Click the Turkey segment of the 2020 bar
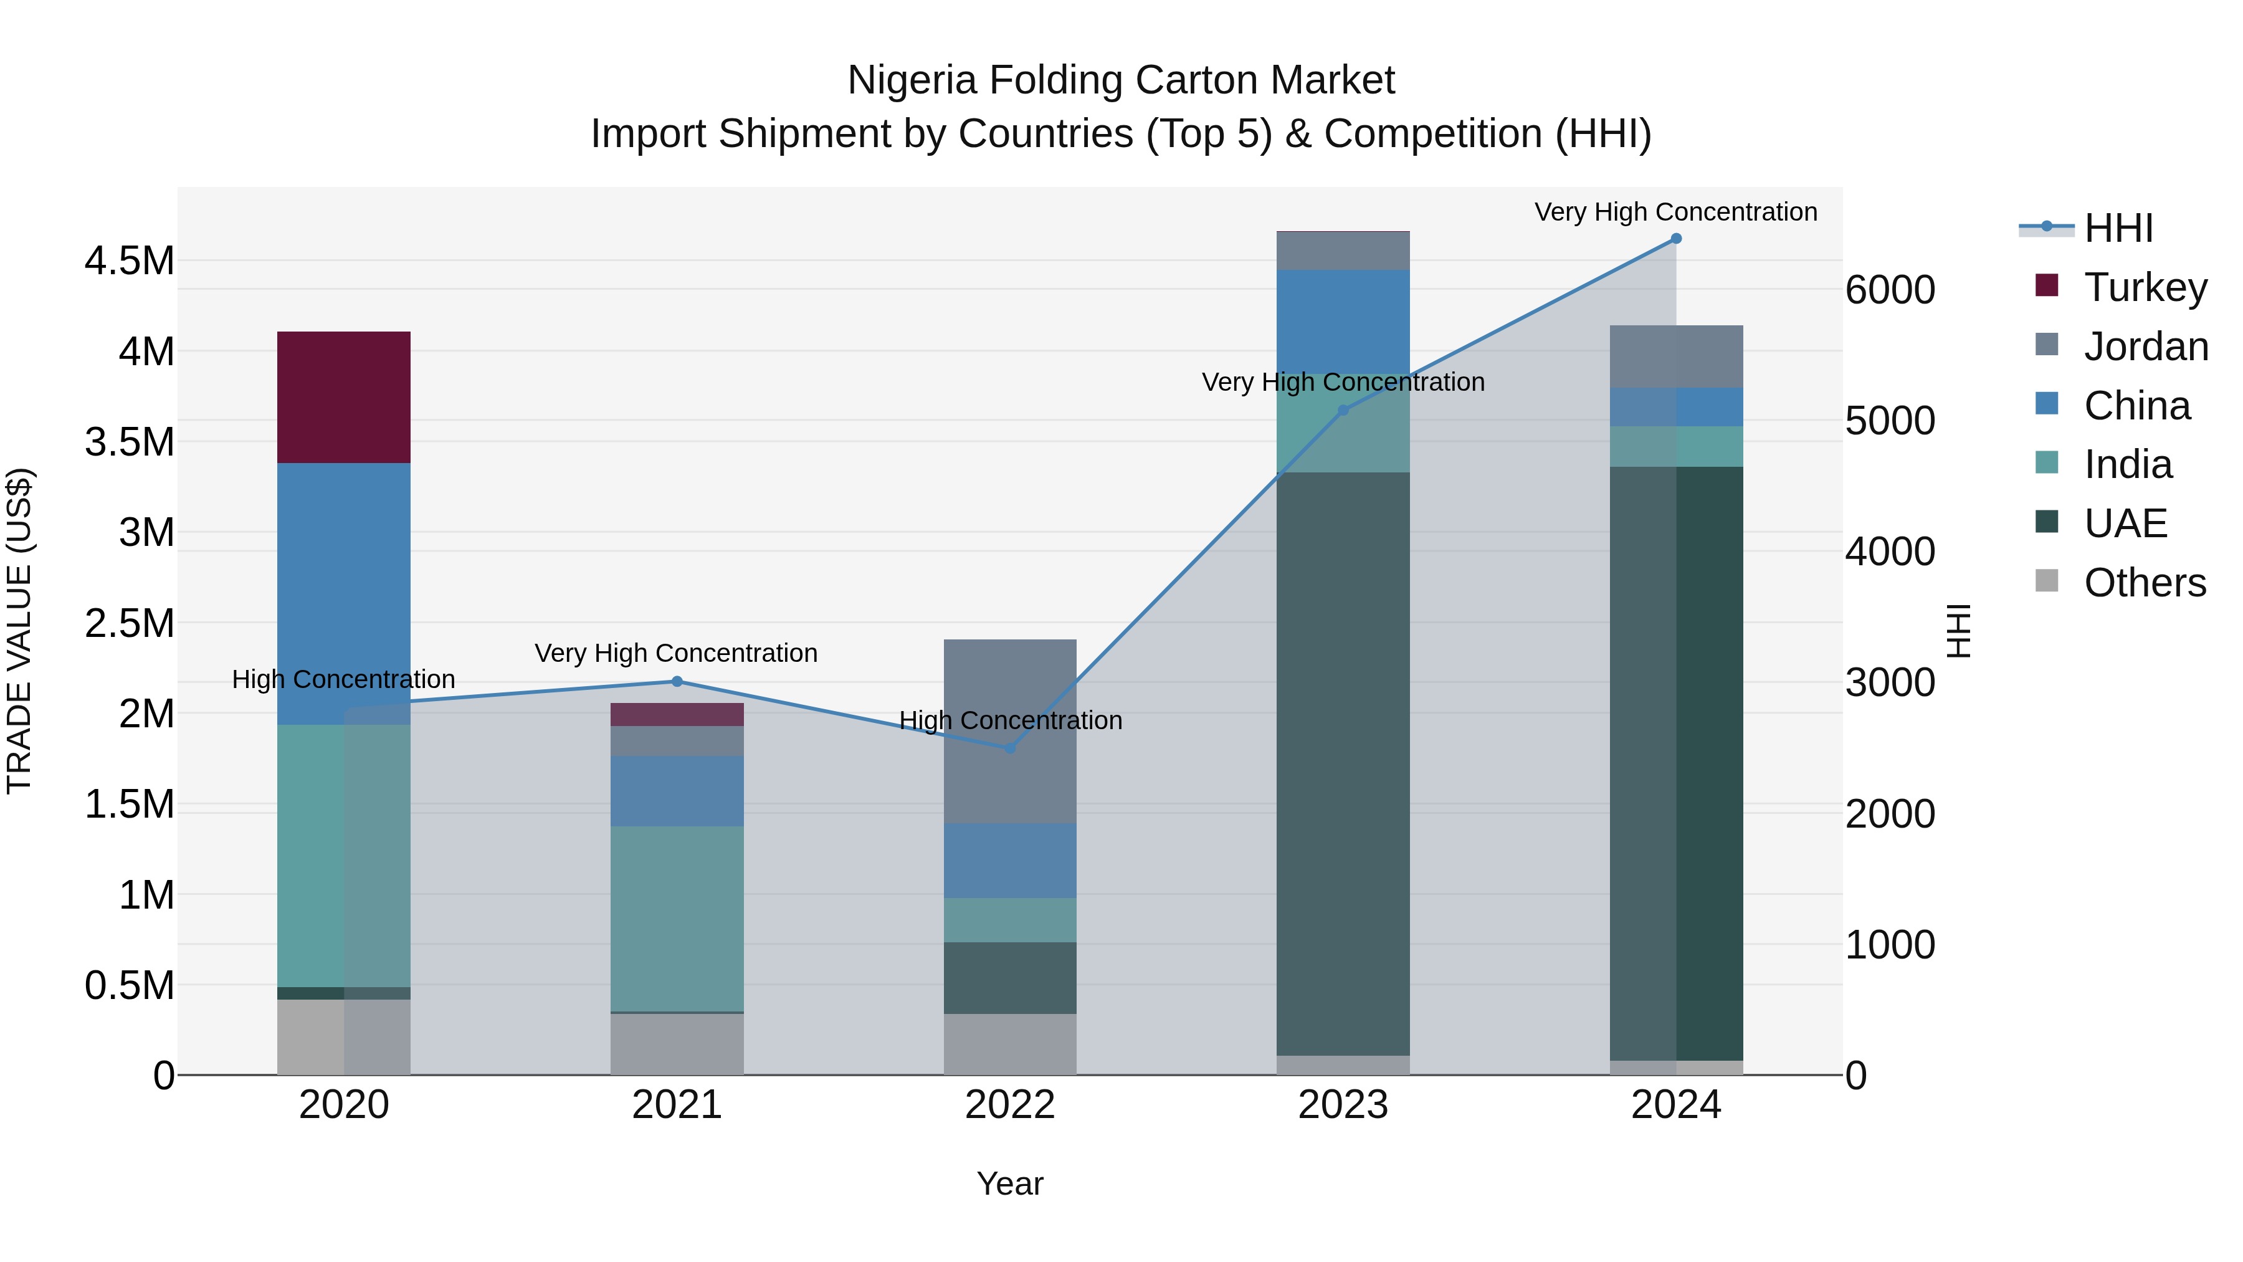tap(343, 397)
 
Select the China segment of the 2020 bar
tap(343, 593)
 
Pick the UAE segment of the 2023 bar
tap(1343, 764)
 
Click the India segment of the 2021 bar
tap(677, 918)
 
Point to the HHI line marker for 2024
tap(1676, 239)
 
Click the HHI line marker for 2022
tap(1010, 748)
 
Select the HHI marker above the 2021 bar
tap(677, 682)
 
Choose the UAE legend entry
tap(2125, 523)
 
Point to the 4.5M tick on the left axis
tap(129, 261)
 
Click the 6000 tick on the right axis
tap(1890, 290)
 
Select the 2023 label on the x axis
tap(1343, 1105)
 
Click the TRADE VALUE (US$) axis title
tap(19, 631)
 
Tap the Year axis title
tap(1010, 1183)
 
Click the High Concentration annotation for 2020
tap(343, 679)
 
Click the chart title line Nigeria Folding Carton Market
tap(1121, 80)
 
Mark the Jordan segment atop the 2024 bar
tap(1676, 356)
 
